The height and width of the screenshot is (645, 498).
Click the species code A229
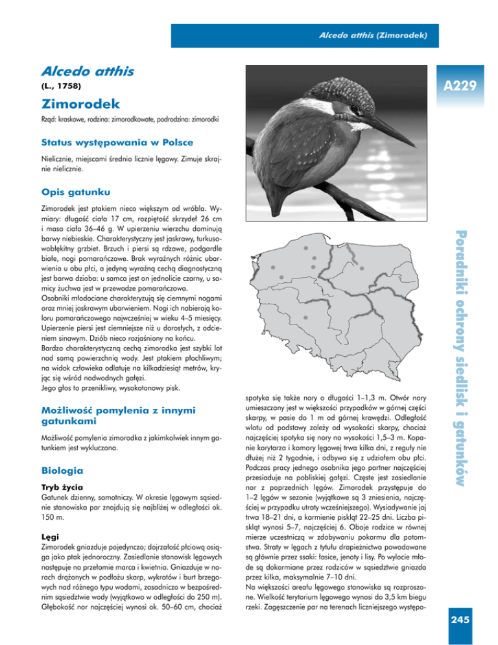[x=461, y=85]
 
